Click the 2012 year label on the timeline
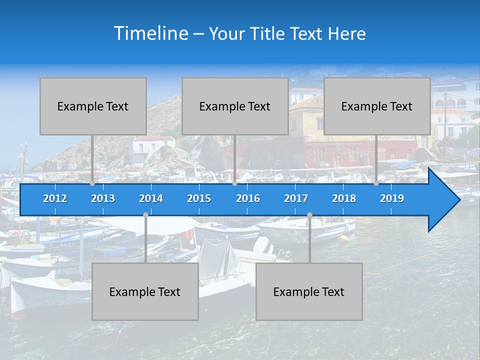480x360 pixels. (x=55, y=198)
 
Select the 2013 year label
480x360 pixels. (x=103, y=198)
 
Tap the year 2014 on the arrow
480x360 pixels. (x=151, y=198)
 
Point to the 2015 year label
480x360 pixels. (x=199, y=198)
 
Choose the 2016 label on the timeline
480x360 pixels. (x=248, y=198)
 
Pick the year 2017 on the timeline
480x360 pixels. (x=296, y=198)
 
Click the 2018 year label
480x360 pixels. (x=344, y=198)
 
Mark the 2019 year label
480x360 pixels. (x=392, y=198)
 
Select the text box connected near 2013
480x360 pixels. (x=93, y=106)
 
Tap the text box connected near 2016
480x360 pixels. (x=235, y=106)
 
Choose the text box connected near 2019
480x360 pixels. (x=377, y=106)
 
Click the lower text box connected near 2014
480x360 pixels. (x=145, y=291)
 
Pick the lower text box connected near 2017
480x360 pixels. (x=309, y=291)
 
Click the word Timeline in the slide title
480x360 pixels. (x=150, y=33)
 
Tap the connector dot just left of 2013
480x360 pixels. (x=92, y=183)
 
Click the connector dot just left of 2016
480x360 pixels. (x=234, y=183)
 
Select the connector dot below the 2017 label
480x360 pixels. (x=309, y=214)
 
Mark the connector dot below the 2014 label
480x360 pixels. (x=145, y=214)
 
